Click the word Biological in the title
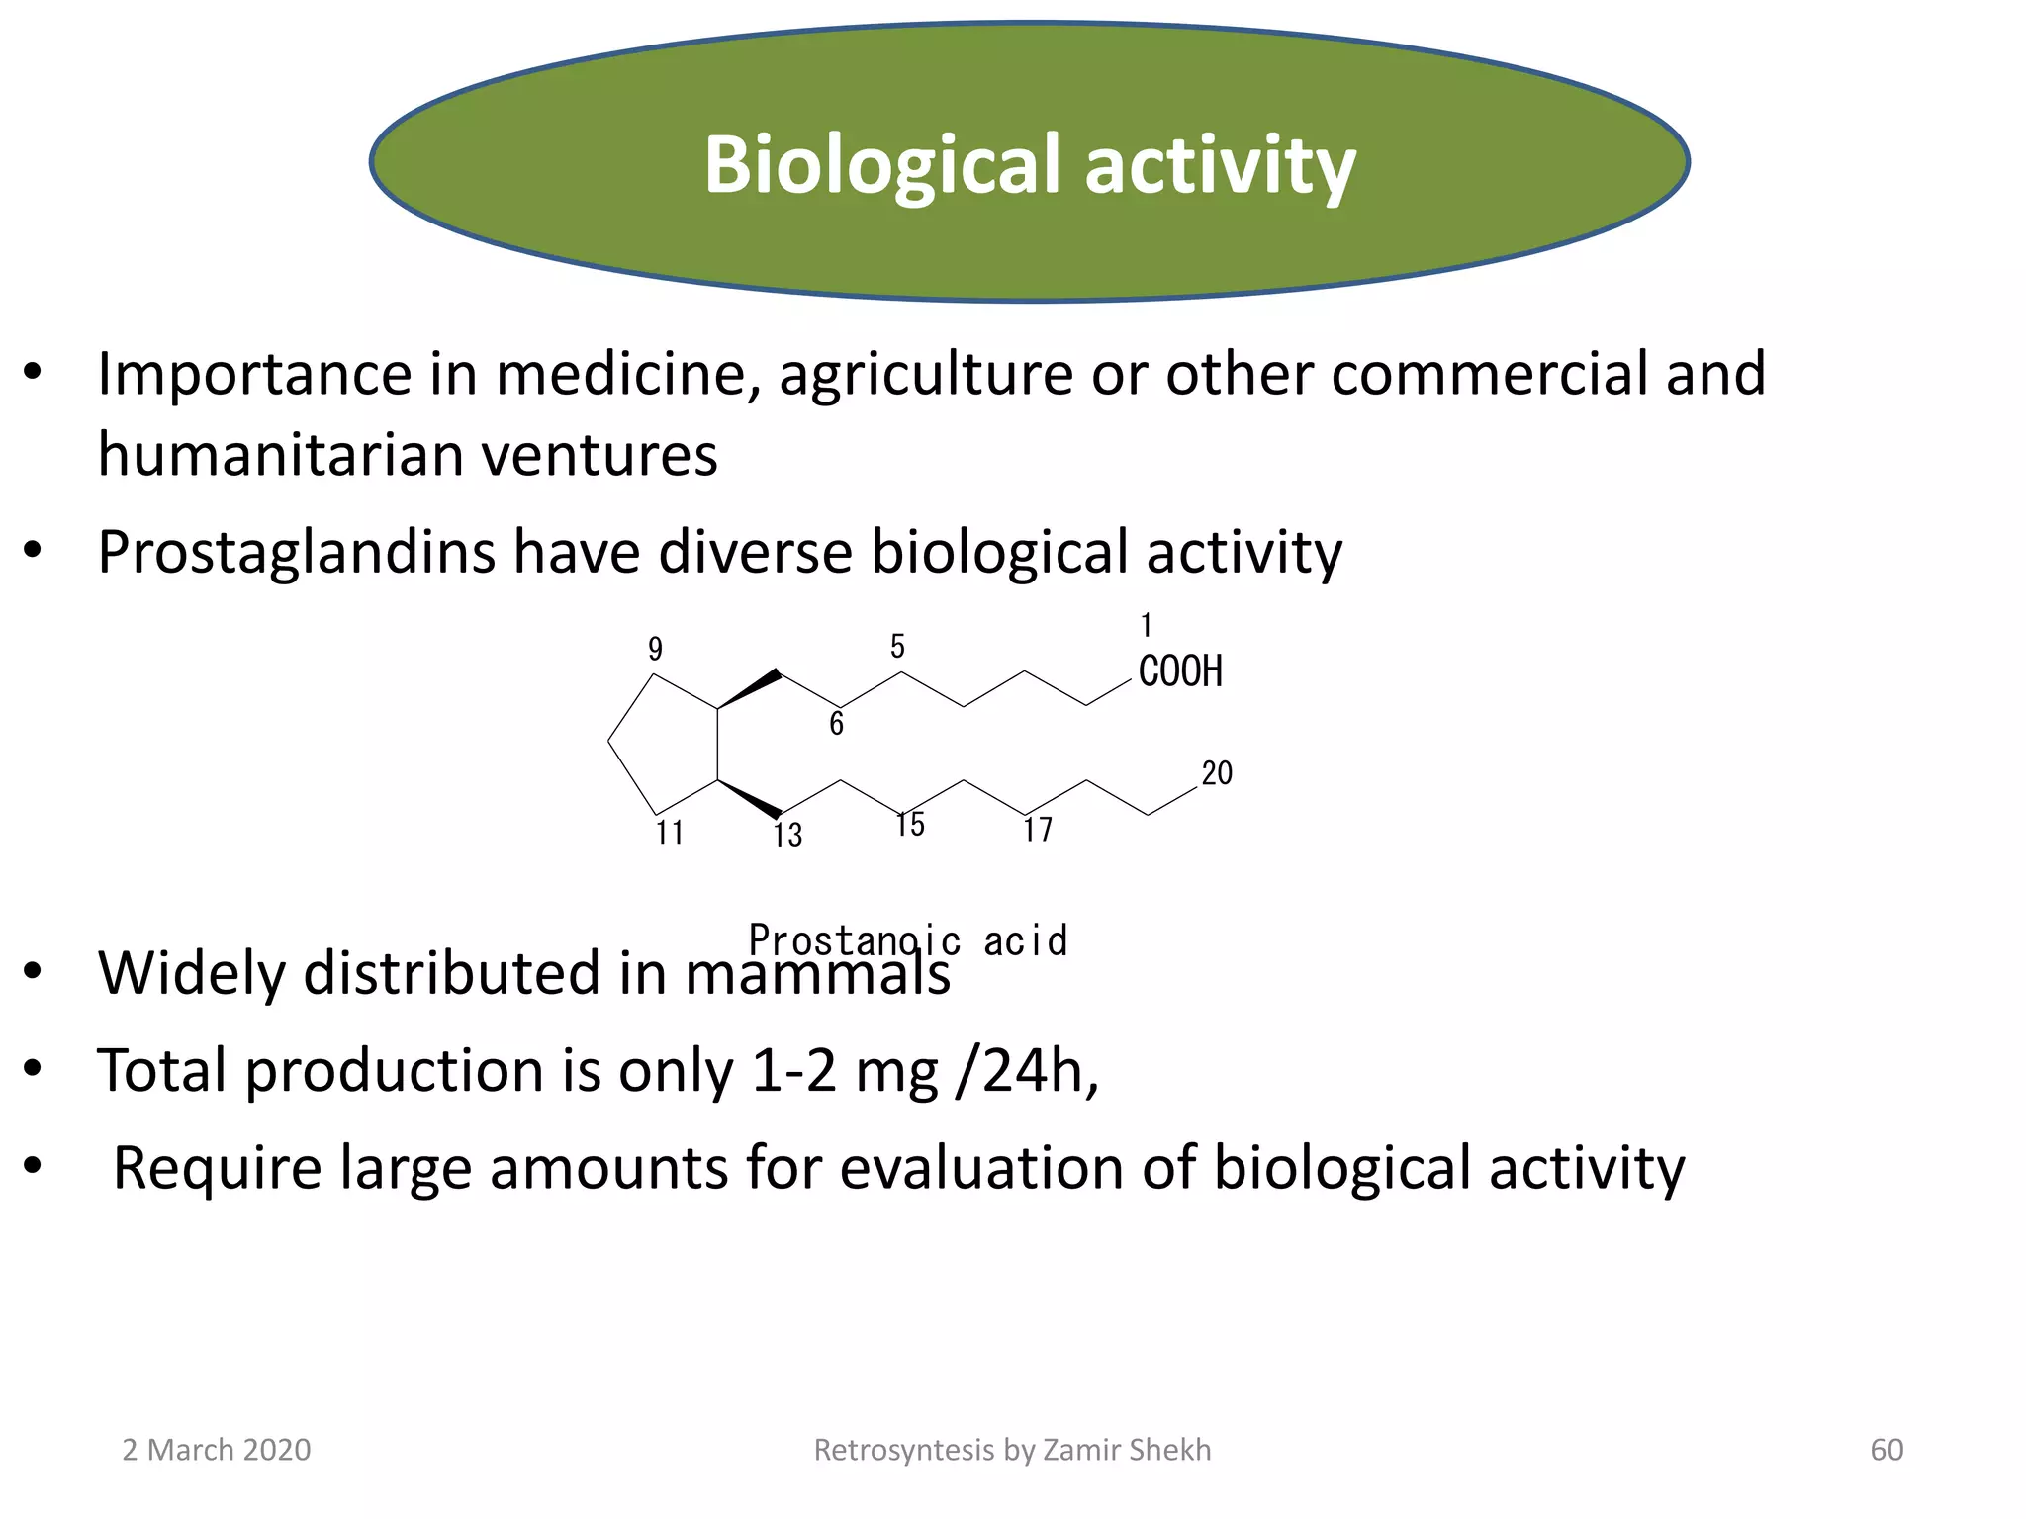[881, 165]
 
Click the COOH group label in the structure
[1180, 671]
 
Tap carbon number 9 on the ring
[655, 650]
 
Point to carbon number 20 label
[1217, 773]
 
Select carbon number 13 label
[787, 836]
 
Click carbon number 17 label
[1038, 830]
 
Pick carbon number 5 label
[897, 647]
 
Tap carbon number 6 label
[836, 724]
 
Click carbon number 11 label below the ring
[670, 833]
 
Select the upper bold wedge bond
[750, 689]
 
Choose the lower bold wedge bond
[750, 799]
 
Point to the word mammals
[817, 973]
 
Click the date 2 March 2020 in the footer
[216, 1450]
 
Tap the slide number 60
[1887, 1450]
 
